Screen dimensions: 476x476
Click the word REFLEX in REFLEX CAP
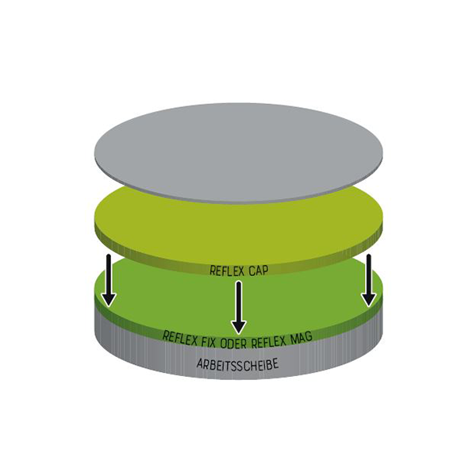pyautogui.click(x=227, y=271)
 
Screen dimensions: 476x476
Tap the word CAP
pyautogui.click(x=259, y=271)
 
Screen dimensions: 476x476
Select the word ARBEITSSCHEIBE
pyautogui.click(x=237, y=363)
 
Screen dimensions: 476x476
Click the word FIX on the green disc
pyautogui.click(x=209, y=342)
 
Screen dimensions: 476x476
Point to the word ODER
pyautogui.click(x=234, y=344)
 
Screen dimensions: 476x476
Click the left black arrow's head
pyautogui.click(x=109, y=300)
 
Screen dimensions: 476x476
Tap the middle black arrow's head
pyautogui.click(x=239, y=328)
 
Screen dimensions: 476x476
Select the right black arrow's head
pyautogui.click(x=369, y=300)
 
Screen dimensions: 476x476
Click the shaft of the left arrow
pyautogui.click(x=109, y=275)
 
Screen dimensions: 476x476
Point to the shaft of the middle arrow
pyautogui.click(x=239, y=301)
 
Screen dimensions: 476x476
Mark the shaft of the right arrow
pyautogui.click(x=369, y=274)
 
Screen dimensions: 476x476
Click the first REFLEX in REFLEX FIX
pyautogui.click(x=180, y=338)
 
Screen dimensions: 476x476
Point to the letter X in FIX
pyautogui.click(x=213, y=343)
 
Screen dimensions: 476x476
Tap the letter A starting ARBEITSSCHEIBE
pyautogui.click(x=200, y=363)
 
